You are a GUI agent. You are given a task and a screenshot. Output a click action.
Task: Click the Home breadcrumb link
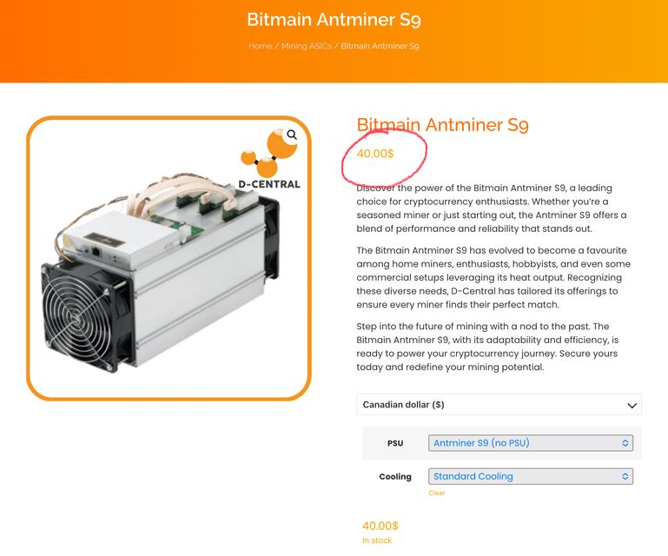coord(261,46)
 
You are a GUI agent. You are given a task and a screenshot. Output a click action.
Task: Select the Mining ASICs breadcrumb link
coord(307,46)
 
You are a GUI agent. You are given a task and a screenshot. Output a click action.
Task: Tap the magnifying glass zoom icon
coord(292,135)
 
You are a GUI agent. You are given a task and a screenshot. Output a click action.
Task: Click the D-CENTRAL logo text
coord(269,184)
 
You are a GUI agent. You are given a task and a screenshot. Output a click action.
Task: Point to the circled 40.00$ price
coord(375,154)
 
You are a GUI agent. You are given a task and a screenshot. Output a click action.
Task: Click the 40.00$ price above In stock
coord(380,526)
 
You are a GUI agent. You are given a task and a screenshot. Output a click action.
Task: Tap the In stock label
coord(377,540)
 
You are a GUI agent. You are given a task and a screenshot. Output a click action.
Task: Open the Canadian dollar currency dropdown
coord(499,404)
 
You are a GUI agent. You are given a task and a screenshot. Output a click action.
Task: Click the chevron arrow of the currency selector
coord(632,405)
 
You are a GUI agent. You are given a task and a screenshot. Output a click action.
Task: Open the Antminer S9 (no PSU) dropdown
coord(531,443)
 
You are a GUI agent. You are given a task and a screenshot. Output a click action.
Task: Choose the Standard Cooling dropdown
coord(531,476)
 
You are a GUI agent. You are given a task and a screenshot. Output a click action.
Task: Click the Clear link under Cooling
coord(437,493)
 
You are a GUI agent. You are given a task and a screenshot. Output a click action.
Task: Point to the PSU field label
coord(395,443)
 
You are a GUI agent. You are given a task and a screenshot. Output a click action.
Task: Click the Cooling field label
coord(395,477)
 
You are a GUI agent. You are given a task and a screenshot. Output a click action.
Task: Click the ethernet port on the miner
coord(96,251)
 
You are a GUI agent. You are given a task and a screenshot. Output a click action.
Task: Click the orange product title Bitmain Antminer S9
coord(442,125)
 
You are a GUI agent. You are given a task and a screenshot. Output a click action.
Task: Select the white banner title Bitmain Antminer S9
coord(334,20)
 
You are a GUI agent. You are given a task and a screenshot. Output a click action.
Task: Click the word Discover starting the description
coord(375,188)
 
